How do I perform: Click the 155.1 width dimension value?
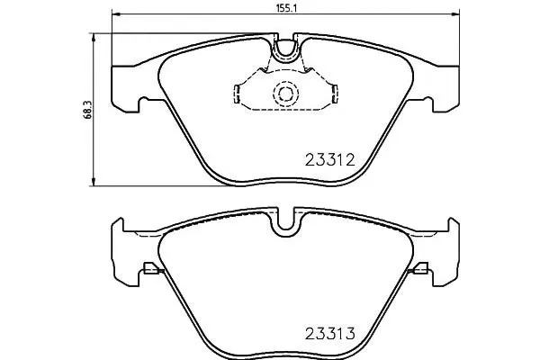click(286, 7)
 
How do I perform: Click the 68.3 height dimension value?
click(86, 110)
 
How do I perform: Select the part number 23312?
click(329, 160)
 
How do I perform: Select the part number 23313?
click(330, 334)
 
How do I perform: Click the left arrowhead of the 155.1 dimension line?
click(116, 14)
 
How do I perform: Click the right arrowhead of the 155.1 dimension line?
click(455, 14)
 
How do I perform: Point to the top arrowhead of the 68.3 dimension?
click(93, 37)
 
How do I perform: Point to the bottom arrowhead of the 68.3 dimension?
click(93, 182)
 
